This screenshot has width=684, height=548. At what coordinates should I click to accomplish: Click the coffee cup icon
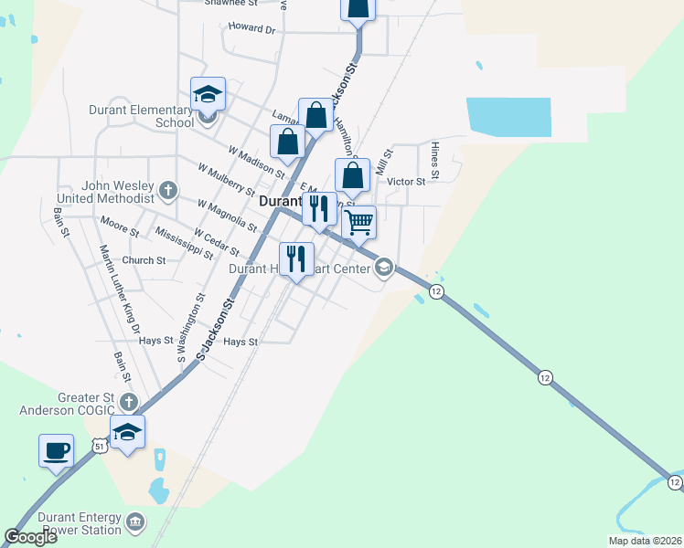click(x=56, y=450)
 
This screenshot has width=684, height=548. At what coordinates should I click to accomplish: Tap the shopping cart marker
click(x=359, y=221)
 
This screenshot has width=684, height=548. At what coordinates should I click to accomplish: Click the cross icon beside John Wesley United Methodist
click(x=167, y=190)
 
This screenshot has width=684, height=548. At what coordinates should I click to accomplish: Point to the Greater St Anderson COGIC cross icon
click(x=129, y=403)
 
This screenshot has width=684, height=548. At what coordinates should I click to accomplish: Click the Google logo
click(x=30, y=537)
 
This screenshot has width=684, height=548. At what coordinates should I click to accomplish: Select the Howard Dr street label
click(x=251, y=29)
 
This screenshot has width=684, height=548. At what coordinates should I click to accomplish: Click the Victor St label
click(x=406, y=182)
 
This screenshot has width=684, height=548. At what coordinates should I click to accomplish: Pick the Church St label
click(x=144, y=260)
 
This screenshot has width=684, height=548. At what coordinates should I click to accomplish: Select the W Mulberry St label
click(x=226, y=179)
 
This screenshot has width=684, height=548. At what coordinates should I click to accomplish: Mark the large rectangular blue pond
click(x=508, y=117)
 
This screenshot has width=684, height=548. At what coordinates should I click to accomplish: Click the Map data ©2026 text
click(x=644, y=541)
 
